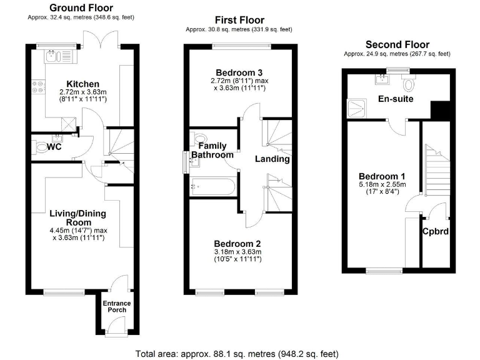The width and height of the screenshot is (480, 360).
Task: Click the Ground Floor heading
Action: click(81, 8)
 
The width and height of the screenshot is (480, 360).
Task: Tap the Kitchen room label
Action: click(83, 84)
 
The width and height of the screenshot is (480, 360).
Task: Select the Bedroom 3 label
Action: click(239, 71)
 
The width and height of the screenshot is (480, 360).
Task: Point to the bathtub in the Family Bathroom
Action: click(212, 185)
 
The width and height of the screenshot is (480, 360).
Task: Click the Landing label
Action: click(272, 159)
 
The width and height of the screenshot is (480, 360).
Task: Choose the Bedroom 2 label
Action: click(237, 244)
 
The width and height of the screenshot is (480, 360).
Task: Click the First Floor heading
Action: click(239, 20)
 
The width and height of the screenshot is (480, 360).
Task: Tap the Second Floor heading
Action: click(397, 44)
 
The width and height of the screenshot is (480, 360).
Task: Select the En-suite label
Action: click(396, 99)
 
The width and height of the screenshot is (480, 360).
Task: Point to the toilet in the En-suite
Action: click(409, 84)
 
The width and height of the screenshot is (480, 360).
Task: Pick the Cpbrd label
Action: click(435, 231)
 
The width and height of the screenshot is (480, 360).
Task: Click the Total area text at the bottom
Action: click(237, 354)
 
